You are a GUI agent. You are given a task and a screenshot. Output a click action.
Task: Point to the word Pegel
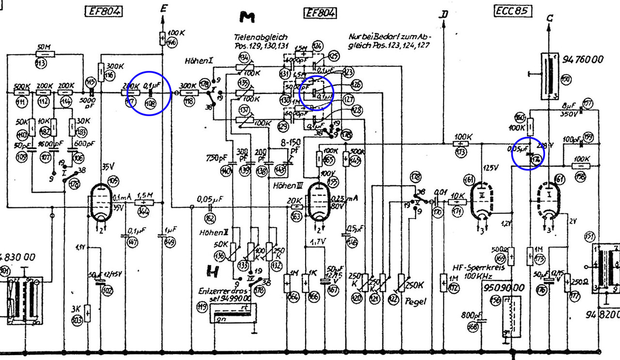417,301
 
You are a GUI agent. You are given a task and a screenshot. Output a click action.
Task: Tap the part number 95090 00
503,288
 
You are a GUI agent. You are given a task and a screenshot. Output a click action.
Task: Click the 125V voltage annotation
492,168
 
